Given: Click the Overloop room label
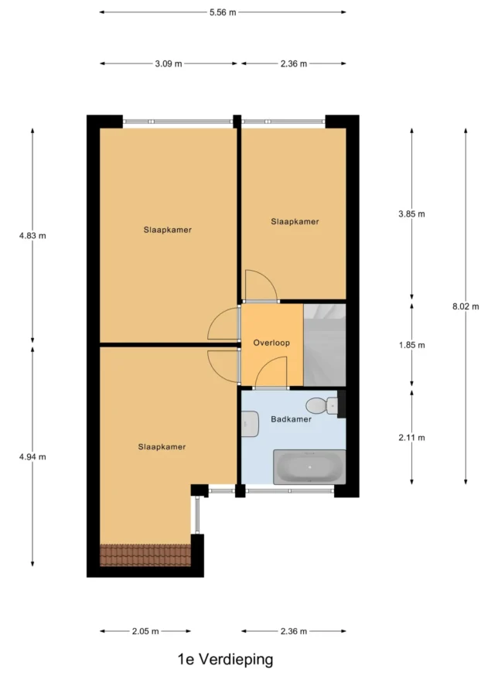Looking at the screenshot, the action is [x=271, y=343].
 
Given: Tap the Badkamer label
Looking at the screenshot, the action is [x=291, y=419].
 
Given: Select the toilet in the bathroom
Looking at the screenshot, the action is [x=322, y=405].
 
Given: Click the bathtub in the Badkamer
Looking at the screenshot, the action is [x=309, y=467].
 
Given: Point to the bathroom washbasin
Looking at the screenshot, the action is [x=250, y=424].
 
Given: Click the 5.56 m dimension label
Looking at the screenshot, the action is [x=223, y=12].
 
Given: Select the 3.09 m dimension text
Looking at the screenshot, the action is [x=169, y=63].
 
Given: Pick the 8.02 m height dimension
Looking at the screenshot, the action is [x=466, y=306].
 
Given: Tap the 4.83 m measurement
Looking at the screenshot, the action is [x=32, y=236].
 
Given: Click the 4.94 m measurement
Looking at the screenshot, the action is [x=32, y=457].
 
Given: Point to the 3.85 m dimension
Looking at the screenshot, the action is [x=411, y=213].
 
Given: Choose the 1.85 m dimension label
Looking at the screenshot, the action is [x=411, y=345].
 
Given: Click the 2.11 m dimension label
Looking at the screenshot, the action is [x=411, y=438].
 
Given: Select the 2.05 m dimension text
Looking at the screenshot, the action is [x=145, y=631].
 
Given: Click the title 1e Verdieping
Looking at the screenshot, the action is [x=226, y=659].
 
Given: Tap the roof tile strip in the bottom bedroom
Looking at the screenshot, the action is [x=145, y=555].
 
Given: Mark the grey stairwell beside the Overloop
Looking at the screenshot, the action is [x=325, y=345].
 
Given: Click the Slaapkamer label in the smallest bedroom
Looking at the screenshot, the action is [x=295, y=222].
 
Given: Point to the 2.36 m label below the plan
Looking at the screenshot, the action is [x=294, y=631].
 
